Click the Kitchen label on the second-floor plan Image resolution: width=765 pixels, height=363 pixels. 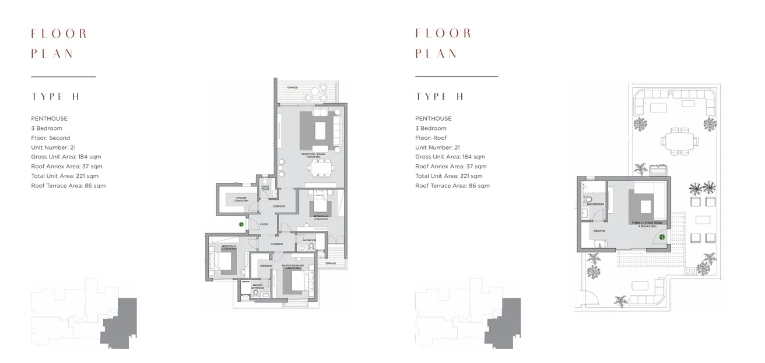241,199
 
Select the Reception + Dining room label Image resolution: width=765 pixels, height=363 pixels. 315,156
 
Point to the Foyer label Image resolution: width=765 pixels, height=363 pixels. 264,224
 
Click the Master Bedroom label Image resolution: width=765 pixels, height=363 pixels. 294,266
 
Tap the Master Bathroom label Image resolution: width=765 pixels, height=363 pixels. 257,286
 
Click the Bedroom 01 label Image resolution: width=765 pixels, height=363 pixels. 228,247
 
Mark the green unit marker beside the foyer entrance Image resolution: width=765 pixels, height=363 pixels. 241,224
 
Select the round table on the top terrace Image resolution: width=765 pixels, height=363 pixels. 316,91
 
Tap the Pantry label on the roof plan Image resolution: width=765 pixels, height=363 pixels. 599,231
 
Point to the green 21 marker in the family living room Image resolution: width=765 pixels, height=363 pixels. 662,237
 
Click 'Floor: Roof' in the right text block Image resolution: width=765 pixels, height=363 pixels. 431,138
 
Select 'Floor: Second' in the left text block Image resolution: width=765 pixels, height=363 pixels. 50,138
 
